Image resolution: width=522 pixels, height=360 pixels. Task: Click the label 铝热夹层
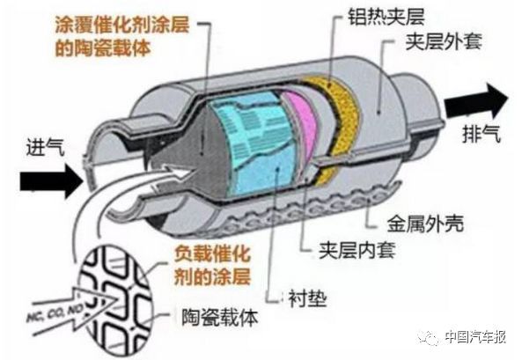point(386,16)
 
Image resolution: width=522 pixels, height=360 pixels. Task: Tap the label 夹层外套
point(444,41)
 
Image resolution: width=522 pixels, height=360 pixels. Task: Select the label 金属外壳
point(425,223)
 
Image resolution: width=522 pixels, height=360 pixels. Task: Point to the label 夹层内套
point(357,250)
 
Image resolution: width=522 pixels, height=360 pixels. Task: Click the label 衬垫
point(307,298)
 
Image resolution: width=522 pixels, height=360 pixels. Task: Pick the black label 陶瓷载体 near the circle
point(220,318)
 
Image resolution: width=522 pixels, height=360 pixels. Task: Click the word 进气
point(45,146)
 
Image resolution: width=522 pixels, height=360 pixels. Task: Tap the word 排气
point(482,134)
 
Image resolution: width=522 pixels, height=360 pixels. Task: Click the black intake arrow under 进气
point(51,181)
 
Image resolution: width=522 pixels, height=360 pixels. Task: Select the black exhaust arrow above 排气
point(477,101)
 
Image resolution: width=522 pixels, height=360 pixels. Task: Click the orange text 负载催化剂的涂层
point(212,265)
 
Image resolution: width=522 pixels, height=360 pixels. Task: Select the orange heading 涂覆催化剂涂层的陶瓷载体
point(121,36)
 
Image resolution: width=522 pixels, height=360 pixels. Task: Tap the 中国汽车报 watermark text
point(475,337)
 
